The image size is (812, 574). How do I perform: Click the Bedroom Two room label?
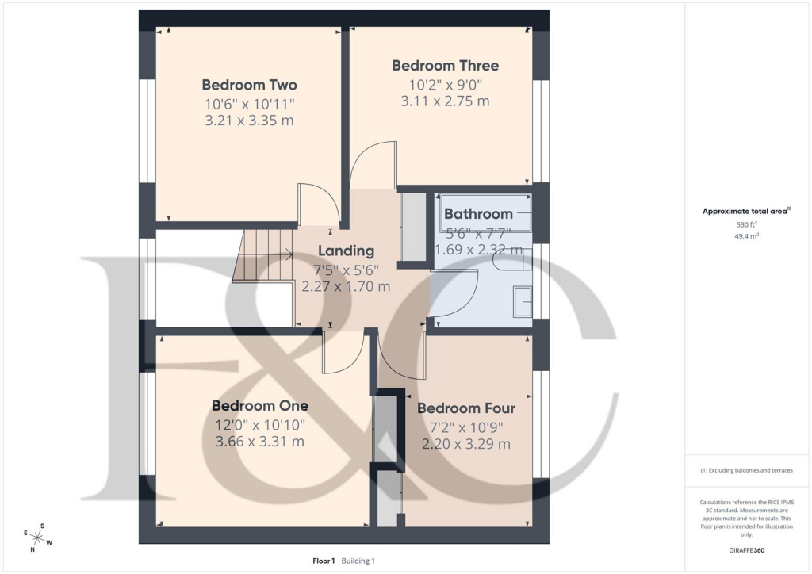[x=249, y=85]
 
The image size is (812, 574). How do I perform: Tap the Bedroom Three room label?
[x=445, y=66]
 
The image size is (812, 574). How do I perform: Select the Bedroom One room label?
[x=260, y=406]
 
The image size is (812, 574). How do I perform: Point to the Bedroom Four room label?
[x=466, y=408]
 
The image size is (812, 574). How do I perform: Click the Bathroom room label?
[x=478, y=214]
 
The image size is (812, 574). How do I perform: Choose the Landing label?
[x=346, y=251]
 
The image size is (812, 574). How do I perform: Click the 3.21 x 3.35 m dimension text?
[x=249, y=121]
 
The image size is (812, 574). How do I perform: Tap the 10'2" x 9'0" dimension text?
[x=445, y=84]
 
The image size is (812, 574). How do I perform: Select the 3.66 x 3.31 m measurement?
[x=260, y=442]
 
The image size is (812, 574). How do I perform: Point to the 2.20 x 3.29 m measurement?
[x=466, y=444]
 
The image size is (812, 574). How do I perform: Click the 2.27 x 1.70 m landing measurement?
[x=346, y=287]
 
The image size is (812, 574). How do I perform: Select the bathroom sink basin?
[x=523, y=302]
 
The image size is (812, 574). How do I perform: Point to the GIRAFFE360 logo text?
[x=748, y=549]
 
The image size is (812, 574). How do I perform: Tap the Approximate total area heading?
[x=745, y=211]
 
